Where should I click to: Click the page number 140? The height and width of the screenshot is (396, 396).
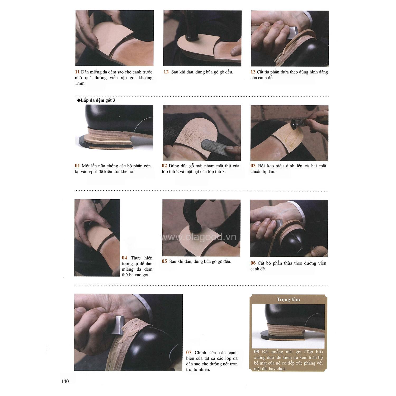click(x=65, y=381)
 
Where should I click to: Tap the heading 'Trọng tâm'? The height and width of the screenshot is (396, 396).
click(x=288, y=300)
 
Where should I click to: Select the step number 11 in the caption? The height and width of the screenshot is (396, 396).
click(x=77, y=72)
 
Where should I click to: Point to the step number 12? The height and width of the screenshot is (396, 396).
click(x=166, y=72)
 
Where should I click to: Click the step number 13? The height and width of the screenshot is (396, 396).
click(x=253, y=72)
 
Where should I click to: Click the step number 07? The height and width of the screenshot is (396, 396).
click(x=189, y=353)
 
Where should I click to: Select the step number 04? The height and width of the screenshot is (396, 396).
click(x=124, y=258)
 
